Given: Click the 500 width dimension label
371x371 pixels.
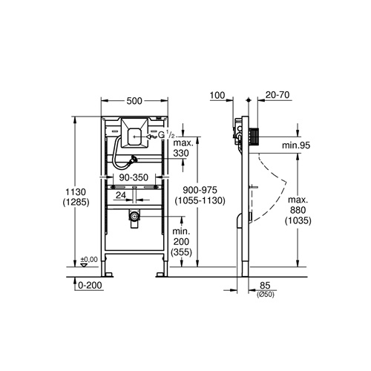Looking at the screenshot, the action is [x=134, y=101].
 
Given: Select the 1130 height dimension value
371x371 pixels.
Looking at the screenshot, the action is [x=76, y=191].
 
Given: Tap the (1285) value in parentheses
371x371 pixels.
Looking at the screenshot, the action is [x=76, y=203].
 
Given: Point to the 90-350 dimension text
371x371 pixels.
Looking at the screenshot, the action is [x=134, y=177].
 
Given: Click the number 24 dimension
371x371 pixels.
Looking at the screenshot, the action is [x=121, y=195].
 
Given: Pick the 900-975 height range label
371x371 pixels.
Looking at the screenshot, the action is [x=200, y=190].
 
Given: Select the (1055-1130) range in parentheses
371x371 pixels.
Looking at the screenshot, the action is [x=200, y=200].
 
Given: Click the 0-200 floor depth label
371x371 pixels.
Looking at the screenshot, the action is [x=90, y=285].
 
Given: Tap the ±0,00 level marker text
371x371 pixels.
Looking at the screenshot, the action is [x=89, y=260].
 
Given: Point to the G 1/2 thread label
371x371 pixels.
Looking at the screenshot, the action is [x=166, y=135].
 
